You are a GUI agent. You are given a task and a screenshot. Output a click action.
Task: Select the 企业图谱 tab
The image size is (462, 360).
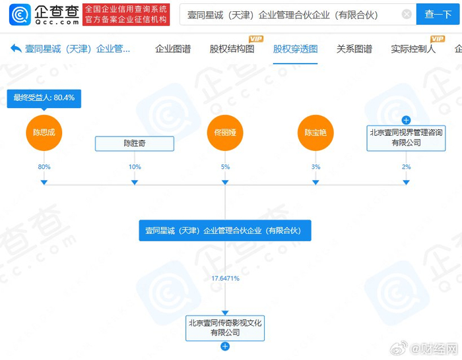(173, 49)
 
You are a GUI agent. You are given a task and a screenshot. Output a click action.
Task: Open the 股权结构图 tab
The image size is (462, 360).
(232, 49)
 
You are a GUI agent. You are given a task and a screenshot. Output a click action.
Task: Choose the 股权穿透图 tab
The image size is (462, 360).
(295, 49)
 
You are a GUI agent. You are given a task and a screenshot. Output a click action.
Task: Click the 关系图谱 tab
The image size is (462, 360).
(354, 49)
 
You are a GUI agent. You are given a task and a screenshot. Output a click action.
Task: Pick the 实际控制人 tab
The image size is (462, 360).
(413, 49)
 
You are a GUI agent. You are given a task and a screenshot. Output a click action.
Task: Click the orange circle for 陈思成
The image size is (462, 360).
(44, 132)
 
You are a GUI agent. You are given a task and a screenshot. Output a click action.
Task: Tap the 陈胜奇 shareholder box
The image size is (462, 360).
(135, 143)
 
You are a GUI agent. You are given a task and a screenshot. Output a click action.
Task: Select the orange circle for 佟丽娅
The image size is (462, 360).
(225, 132)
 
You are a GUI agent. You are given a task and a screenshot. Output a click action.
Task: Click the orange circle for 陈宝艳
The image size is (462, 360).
(315, 132)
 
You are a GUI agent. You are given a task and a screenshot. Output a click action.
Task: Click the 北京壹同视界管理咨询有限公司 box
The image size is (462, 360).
(406, 137)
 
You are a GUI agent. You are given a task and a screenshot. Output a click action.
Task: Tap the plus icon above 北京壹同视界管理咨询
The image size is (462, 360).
(406, 120)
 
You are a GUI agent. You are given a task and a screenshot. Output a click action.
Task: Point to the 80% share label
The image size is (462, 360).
(44, 167)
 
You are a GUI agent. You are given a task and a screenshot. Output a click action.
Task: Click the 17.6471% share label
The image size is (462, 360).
(225, 279)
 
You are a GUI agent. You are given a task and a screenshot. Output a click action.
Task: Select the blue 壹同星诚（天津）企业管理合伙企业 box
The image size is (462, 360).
(225, 231)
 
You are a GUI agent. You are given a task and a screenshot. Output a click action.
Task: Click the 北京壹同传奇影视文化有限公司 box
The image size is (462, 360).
(225, 328)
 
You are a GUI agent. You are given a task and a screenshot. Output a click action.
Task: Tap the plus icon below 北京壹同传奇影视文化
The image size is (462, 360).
(225, 346)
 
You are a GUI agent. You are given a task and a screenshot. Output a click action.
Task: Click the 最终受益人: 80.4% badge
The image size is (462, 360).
(44, 98)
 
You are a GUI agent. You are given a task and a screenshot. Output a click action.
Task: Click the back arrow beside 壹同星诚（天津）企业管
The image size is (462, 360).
(15, 49)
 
